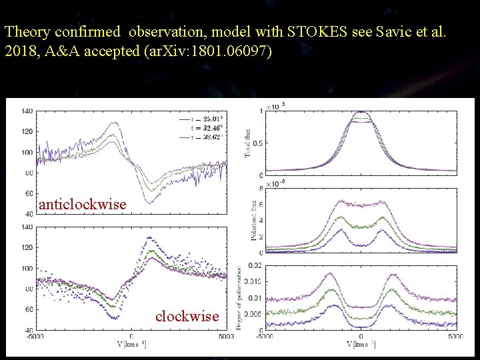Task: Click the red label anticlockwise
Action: (83, 205)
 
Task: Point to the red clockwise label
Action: (187, 316)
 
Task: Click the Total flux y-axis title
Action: (248, 143)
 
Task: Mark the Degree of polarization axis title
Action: (240, 298)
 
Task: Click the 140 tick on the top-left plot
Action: (27, 111)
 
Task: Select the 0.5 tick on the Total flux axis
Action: (257, 143)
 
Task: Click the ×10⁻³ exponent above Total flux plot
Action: (276, 105)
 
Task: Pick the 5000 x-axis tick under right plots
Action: (455, 337)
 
